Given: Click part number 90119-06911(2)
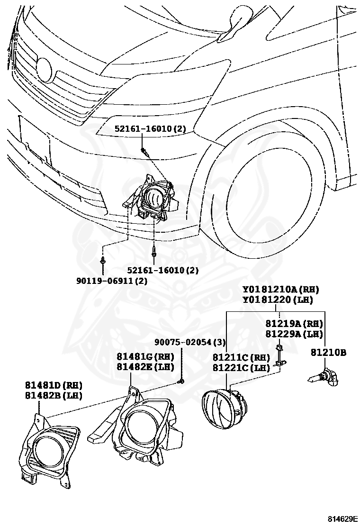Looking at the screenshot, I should (x=112, y=281).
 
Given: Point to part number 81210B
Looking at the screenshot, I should (x=328, y=353).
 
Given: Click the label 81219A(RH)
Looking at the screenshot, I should (x=294, y=324).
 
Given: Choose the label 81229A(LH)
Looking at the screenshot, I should (x=294, y=334).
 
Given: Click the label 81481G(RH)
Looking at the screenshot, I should (x=146, y=357).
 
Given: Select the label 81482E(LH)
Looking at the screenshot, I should (x=146, y=366).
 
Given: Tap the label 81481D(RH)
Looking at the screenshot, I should (x=54, y=385).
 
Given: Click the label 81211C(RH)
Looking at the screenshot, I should (x=241, y=358).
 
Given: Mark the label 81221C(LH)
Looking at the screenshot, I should (x=241, y=367).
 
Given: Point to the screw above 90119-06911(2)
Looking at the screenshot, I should (x=103, y=260).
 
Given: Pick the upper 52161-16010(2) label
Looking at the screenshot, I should (x=150, y=128).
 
